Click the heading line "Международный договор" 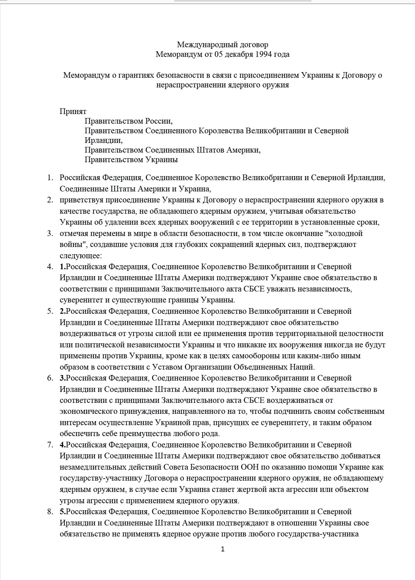(x=222, y=45)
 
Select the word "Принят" (x=73, y=111)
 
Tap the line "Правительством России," (x=128, y=121)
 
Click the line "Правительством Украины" (x=131, y=160)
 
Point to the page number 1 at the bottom (x=222, y=549)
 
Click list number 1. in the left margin (x=50, y=177)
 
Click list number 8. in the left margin (x=50, y=512)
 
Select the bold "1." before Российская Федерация (x=63, y=267)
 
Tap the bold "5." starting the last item (x=63, y=512)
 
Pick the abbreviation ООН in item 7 (x=249, y=467)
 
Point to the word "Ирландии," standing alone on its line (x=104, y=140)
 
